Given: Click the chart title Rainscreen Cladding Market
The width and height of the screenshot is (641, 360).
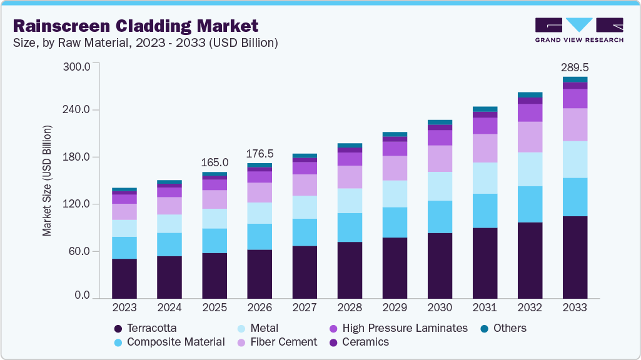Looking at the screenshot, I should [135, 26].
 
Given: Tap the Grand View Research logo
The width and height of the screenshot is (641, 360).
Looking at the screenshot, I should [578, 29].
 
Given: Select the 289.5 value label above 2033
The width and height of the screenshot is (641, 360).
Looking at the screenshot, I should [575, 67].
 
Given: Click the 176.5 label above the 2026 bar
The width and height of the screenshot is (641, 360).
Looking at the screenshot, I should [260, 153].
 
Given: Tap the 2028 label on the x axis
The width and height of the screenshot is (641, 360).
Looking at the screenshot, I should [350, 307].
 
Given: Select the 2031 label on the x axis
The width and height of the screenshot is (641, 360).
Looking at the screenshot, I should [485, 307].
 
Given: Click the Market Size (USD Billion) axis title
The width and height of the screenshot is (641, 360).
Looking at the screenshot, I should [48, 181].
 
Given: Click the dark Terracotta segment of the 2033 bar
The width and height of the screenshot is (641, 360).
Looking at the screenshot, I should [575, 257].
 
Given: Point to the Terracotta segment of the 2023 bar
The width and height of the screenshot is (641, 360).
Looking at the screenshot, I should [124, 278].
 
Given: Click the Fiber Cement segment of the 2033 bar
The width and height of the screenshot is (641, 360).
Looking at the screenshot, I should [575, 124].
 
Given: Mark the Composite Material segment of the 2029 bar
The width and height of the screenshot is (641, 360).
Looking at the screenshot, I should [395, 222].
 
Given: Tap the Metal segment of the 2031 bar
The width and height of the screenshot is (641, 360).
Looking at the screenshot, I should [485, 178].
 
